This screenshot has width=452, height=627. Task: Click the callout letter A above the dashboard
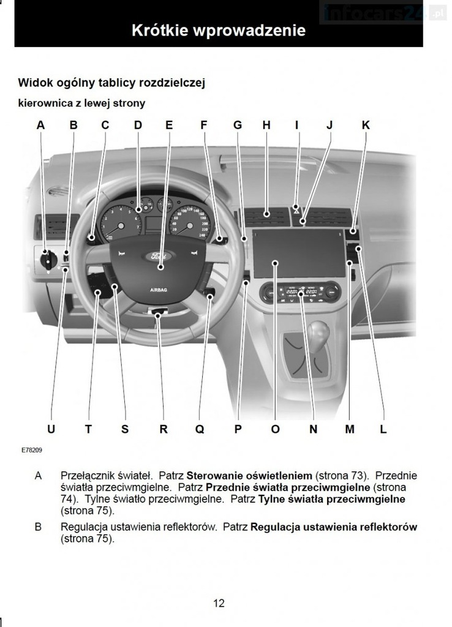pos(40,125)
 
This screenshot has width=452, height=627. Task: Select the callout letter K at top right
pos(366,125)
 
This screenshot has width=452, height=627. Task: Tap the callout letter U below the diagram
pos(51,429)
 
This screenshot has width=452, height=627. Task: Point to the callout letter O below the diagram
pos(275,429)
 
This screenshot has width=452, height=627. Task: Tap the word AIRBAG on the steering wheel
pos(159,288)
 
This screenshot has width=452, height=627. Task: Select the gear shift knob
pos(318,336)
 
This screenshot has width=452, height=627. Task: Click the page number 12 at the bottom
pos(219,603)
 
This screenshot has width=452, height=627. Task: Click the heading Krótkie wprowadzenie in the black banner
pos(219,31)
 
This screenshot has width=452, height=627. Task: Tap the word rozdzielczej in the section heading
pos(171,82)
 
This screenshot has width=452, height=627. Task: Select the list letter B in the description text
pos(39,527)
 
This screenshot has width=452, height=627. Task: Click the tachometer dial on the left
pos(121,225)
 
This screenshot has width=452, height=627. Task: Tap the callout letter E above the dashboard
pos(169,125)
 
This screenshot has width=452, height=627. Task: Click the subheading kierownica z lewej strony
pos(81,103)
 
